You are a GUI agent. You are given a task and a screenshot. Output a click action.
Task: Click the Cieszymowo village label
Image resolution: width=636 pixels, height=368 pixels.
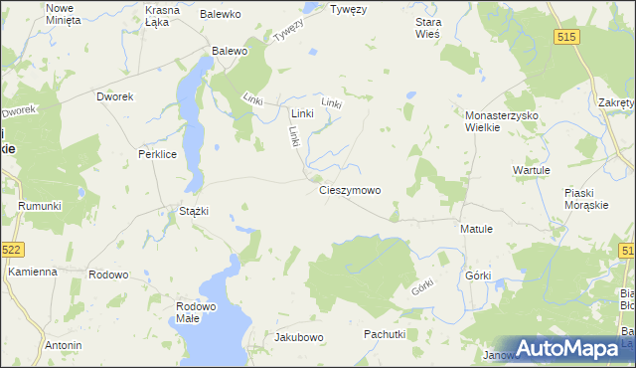pyautogui.click(x=349, y=190)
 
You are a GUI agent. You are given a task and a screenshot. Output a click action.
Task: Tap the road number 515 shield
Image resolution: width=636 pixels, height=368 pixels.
pyautogui.click(x=567, y=36)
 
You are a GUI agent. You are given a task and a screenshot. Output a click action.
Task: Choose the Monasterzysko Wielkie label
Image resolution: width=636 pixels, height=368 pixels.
pyautogui.click(x=502, y=121)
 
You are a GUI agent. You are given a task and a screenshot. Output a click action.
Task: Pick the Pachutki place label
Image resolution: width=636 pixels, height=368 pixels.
pyautogui.click(x=385, y=334)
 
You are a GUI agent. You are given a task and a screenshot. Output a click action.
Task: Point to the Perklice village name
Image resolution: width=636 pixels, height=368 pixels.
pyautogui.click(x=157, y=155)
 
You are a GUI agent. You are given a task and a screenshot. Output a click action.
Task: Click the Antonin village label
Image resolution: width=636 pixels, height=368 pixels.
pyautogui.click(x=63, y=345)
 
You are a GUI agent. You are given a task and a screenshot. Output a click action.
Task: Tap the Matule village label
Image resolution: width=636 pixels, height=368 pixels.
pyautogui.click(x=477, y=229)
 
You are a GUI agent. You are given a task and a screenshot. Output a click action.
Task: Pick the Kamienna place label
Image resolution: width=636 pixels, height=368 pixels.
pyautogui.click(x=32, y=272)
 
